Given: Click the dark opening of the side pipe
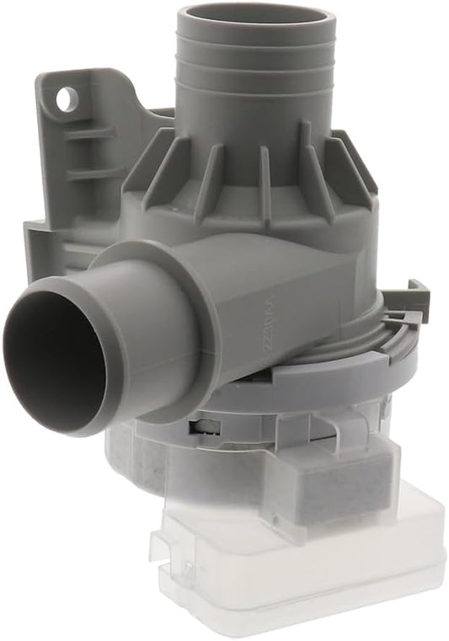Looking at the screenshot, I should pyautogui.click(x=51, y=354).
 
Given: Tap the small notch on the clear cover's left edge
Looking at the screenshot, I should pyautogui.click(x=155, y=539).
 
